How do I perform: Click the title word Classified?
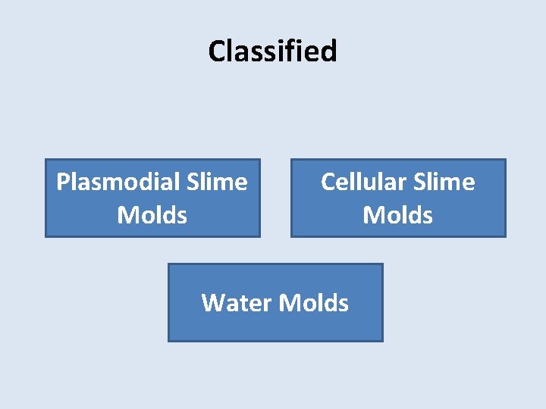pyautogui.click(x=272, y=52)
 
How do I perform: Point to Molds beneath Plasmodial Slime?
pyautogui.click(x=152, y=215)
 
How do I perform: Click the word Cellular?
pyautogui.click(x=364, y=182)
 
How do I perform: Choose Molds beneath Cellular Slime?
pyautogui.click(x=398, y=215)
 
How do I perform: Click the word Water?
pyautogui.click(x=237, y=303)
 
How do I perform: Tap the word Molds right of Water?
pyautogui.click(x=314, y=303)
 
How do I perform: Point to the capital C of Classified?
pyautogui.click(x=216, y=52)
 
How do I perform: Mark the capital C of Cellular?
pyautogui.click(x=328, y=182)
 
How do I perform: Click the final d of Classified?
pyautogui.click(x=330, y=52)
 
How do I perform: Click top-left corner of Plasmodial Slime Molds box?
pyautogui.click(x=45, y=159)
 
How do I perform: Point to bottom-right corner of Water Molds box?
pyautogui.click(x=383, y=342)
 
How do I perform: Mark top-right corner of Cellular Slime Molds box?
pyautogui.click(x=506, y=159)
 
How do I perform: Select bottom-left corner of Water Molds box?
pyautogui.click(x=168, y=342)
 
